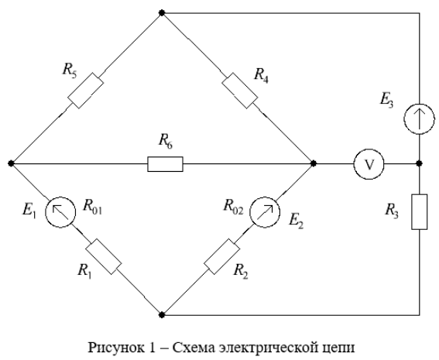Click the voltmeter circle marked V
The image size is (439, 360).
pos(369,164)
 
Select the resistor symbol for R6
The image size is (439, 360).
pos(165,164)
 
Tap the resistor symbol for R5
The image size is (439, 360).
pos(86,91)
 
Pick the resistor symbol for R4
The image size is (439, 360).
pos(240,91)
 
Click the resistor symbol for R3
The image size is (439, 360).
pos(419,212)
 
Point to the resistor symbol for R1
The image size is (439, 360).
pos(103,256)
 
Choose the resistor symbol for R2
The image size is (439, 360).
pos(221,256)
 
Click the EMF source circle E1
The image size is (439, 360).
pos(60,212)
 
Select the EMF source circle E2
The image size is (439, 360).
pos(265,212)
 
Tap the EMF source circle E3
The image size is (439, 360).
pos(419,119)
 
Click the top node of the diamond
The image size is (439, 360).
pos(162,13)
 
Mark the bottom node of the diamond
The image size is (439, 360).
pos(162,315)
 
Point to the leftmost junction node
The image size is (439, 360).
pos(11,163)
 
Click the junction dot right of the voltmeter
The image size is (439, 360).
pos(419,163)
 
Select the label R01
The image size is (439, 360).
pos(92,207)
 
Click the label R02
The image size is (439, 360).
pos(234,207)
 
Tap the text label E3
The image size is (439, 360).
pos(386,100)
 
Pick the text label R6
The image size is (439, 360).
pos(166,141)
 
